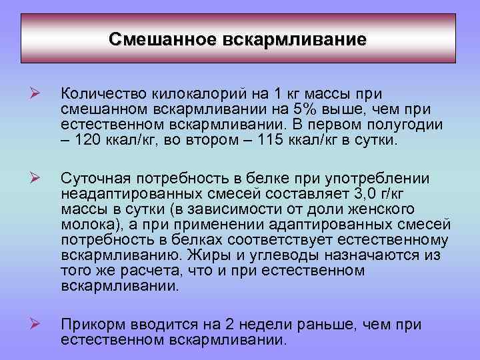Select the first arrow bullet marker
click(37, 95)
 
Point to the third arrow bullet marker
click(37, 324)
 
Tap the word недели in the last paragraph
click(293, 325)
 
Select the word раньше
click(352, 325)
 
